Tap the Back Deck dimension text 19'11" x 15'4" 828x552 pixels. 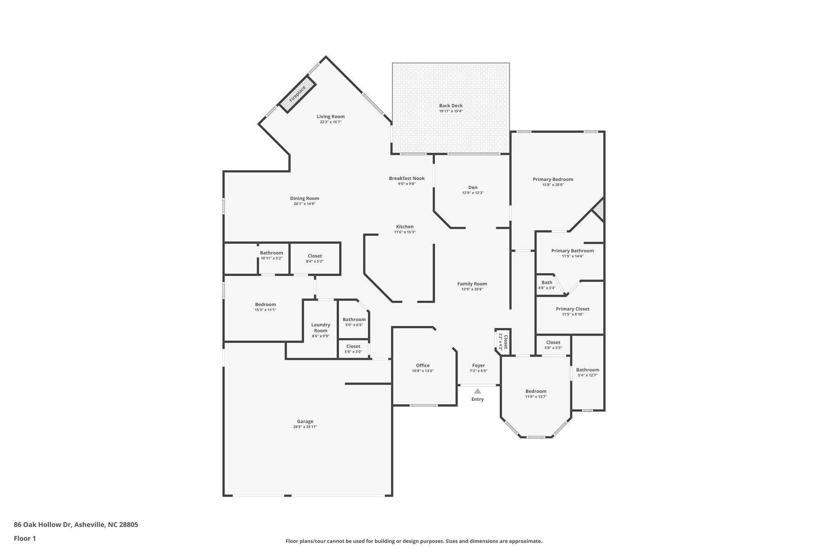[x=451, y=111]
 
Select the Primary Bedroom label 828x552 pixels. [x=553, y=180]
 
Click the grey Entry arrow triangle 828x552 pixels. [x=477, y=391]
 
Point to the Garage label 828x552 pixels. [x=305, y=421]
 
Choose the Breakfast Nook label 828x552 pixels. [x=407, y=178]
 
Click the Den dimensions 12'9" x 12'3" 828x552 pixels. [x=473, y=193]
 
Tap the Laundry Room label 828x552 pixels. [x=321, y=328]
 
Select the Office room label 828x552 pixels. [x=423, y=366]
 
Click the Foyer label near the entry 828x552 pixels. [x=478, y=366]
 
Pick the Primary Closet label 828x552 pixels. [x=572, y=309]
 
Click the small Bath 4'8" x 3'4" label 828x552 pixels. [x=547, y=283]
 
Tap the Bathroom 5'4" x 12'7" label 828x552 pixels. [x=587, y=370]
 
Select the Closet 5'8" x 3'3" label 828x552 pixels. [x=553, y=343]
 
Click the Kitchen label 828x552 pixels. [x=405, y=227]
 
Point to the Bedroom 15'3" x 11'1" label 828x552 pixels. [x=265, y=305]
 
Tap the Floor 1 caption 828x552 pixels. [x=25, y=539]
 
